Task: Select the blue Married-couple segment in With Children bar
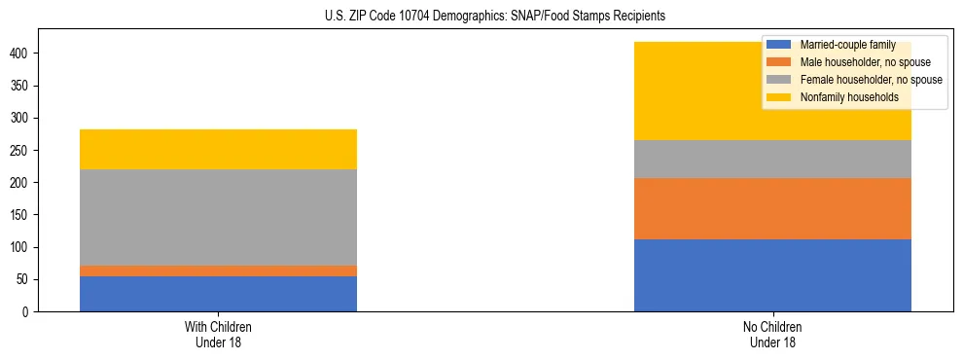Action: (x=218, y=294)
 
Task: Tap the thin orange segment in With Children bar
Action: (x=218, y=270)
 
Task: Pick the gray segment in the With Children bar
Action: (x=218, y=217)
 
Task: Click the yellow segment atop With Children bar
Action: (x=218, y=149)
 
